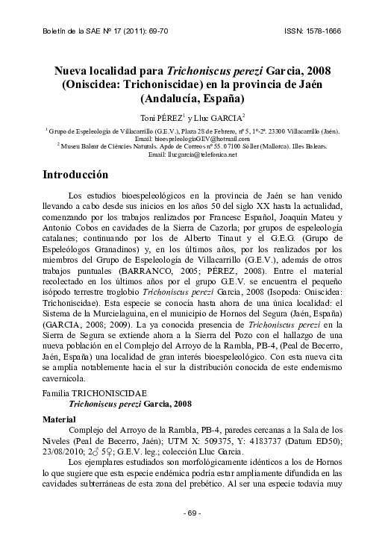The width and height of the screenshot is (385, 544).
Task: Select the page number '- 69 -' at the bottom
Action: click(x=192, y=513)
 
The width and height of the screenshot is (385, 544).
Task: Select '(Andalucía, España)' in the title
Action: click(x=192, y=98)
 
